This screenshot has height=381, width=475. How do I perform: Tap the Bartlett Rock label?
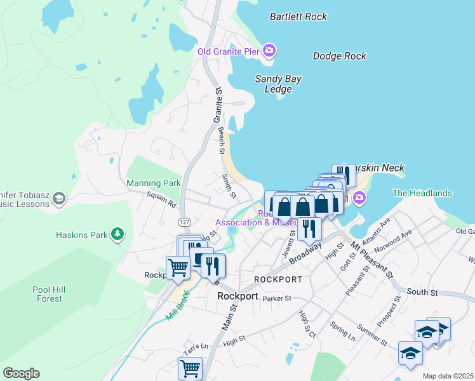coord(298,17)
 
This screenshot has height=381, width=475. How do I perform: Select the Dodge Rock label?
coord(340,56)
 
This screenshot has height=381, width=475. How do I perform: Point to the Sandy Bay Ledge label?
coord(278,84)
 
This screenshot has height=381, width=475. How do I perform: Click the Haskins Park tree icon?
coord(117,235)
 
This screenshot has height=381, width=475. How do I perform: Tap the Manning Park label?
coord(154,183)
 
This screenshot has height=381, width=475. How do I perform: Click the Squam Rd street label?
coord(161,201)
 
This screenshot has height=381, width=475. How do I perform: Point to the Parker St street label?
coord(276,298)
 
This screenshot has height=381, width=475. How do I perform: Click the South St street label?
coord(419,292)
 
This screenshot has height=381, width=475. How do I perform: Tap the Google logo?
coord(21,373)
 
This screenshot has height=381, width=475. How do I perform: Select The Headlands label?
coord(422,193)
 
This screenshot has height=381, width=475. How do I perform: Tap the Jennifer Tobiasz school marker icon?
coord(58,199)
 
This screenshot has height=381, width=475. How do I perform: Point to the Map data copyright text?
coord(448,376)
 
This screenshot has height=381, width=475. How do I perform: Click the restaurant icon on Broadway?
coord(309,227)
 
